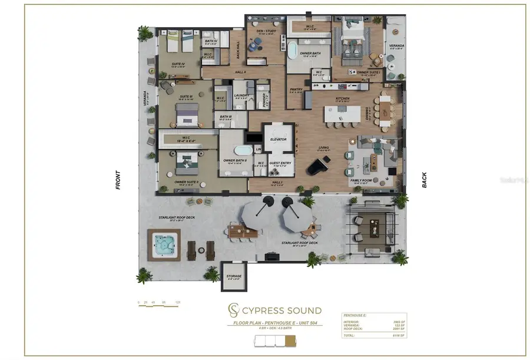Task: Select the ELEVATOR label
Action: point(278,140)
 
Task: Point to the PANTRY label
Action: point(296,90)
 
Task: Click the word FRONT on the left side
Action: point(118,179)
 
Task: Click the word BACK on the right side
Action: point(425,180)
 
